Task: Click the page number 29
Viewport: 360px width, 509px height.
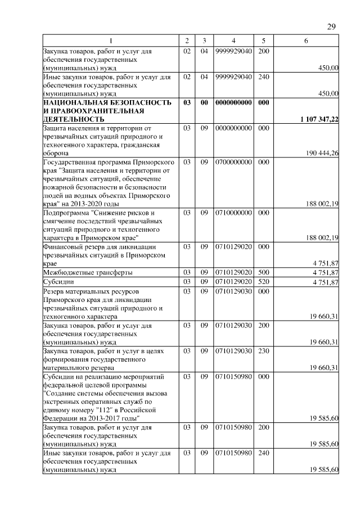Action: coord(331,26)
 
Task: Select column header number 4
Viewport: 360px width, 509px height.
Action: coord(233,40)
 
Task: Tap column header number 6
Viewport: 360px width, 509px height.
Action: coord(306,40)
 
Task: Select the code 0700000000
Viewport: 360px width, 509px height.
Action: coord(233,162)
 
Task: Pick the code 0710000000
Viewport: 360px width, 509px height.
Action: coord(233,214)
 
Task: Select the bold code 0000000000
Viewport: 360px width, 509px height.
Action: coord(233,103)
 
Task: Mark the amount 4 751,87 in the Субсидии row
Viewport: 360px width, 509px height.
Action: coord(326,281)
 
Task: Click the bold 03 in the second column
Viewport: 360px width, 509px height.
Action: coord(187,103)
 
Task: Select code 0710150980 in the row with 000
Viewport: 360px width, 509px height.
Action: coord(233,377)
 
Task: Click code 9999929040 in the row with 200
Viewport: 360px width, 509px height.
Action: coord(233,51)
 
